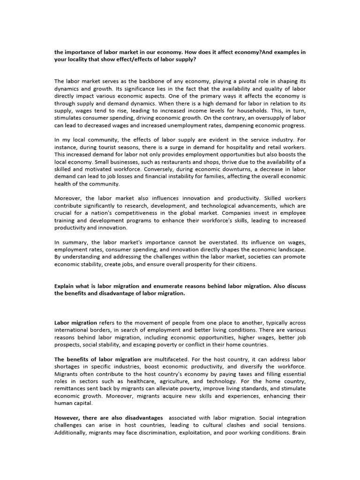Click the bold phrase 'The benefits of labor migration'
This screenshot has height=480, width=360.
[97, 359]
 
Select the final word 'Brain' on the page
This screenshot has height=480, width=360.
[298, 432]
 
